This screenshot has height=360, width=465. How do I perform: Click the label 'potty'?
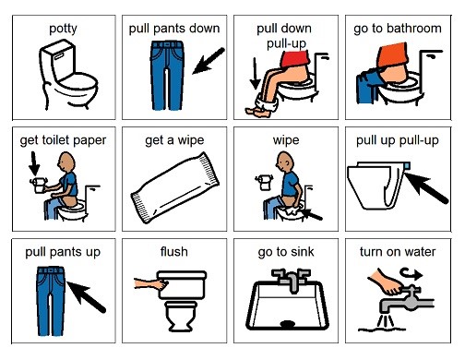(x=63, y=29)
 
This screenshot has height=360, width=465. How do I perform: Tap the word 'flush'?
(x=174, y=252)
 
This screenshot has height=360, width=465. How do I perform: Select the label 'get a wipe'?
(x=174, y=140)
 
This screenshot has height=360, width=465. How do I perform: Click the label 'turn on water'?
(x=398, y=252)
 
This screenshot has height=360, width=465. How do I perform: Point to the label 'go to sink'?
(x=286, y=252)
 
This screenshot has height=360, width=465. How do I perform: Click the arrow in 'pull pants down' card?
(x=209, y=61)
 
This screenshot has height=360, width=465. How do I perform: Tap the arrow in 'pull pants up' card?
(x=86, y=296)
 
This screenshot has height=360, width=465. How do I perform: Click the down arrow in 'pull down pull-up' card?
(x=255, y=73)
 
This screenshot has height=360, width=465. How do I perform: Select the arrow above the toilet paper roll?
(x=34, y=164)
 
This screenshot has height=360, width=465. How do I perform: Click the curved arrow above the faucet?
(x=411, y=273)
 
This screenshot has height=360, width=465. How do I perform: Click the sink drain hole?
(x=288, y=323)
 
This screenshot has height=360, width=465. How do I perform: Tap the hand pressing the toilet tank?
(x=151, y=283)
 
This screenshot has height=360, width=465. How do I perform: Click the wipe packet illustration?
(x=175, y=187)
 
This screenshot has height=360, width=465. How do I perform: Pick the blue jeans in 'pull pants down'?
(x=167, y=76)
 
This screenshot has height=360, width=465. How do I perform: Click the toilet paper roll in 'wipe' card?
(x=264, y=182)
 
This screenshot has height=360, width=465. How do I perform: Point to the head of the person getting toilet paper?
(x=66, y=162)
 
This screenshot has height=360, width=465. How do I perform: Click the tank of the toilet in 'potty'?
(x=57, y=60)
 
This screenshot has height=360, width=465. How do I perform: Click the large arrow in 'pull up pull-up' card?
(x=425, y=188)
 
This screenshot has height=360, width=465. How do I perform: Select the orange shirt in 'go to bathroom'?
(x=394, y=56)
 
